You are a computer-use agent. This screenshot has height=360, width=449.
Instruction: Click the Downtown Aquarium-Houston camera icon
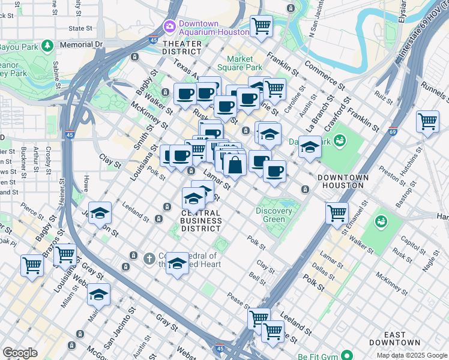(169, 26)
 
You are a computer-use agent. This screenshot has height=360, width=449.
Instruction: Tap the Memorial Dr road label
(81, 44)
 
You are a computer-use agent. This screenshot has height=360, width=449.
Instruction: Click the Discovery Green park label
(274, 215)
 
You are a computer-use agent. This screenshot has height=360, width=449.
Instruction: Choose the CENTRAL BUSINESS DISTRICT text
(202, 220)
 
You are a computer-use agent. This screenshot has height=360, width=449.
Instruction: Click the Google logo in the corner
(20, 353)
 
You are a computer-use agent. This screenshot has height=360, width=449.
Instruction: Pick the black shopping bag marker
(236, 165)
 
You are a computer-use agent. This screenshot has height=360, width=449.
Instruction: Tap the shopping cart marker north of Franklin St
(261, 26)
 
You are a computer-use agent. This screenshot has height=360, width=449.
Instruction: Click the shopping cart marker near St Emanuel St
(337, 212)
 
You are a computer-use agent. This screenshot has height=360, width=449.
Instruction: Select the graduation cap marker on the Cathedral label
(177, 263)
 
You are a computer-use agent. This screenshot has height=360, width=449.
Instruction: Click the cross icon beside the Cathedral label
(149, 258)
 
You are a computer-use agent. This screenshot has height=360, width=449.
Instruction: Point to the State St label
(80, 28)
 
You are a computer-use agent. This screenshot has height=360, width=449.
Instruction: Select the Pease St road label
(238, 298)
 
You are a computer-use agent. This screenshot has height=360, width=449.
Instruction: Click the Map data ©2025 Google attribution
(411, 355)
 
